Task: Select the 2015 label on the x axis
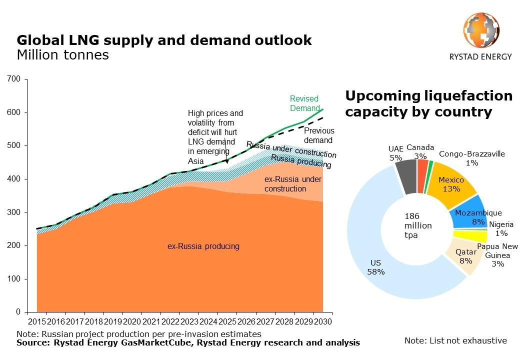point(37,321)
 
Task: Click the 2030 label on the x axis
point(322,321)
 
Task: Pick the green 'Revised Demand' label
point(304,103)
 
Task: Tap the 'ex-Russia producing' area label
point(203,246)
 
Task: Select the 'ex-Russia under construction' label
point(292,184)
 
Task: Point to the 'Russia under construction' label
point(291,149)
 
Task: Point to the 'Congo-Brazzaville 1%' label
point(472,158)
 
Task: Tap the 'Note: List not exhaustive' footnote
point(455,340)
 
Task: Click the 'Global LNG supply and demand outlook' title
point(164,40)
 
